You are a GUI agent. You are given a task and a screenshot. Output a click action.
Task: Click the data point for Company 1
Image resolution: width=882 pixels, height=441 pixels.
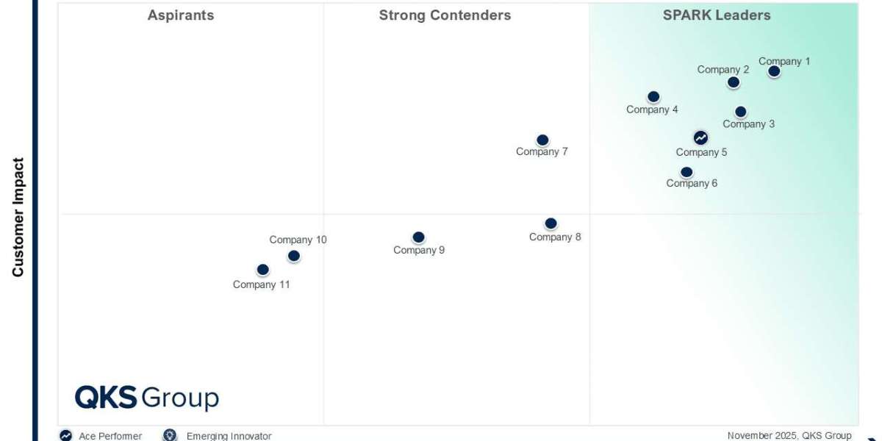click(x=774, y=71)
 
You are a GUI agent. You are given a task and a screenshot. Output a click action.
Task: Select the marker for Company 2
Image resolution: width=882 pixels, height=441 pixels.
click(x=733, y=82)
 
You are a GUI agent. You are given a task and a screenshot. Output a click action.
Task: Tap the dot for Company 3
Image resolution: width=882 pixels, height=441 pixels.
click(x=740, y=112)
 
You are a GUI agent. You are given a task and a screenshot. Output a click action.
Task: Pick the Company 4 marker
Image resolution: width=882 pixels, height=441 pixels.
click(x=653, y=97)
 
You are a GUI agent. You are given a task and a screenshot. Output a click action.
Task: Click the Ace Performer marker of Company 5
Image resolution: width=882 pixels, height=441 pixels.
click(x=700, y=137)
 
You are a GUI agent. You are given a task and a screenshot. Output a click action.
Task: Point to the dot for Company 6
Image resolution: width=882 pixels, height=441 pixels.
click(x=686, y=173)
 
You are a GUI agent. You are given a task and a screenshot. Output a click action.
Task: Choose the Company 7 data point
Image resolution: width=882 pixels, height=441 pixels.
click(x=542, y=140)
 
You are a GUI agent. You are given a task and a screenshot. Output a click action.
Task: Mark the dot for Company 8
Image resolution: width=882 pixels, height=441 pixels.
click(x=551, y=223)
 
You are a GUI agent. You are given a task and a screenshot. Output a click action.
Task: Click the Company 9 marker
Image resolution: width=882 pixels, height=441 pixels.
click(x=418, y=237)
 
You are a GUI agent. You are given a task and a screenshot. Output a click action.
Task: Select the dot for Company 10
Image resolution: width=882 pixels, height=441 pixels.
click(x=294, y=256)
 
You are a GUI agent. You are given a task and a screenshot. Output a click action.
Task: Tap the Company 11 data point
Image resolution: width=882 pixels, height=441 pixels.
click(x=262, y=270)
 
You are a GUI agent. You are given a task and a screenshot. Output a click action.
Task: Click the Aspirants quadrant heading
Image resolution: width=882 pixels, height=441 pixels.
click(x=181, y=15)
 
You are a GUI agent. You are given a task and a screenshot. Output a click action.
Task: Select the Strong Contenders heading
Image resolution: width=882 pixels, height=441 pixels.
click(x=445, y=15)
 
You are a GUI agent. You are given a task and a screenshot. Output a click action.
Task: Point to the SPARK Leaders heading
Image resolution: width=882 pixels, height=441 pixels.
click(x=717, y=15)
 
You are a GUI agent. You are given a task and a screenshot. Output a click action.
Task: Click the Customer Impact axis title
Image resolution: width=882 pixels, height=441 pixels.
click(x=18, y=218)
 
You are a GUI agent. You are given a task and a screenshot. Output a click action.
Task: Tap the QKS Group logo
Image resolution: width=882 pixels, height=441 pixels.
click(x=147, y=398)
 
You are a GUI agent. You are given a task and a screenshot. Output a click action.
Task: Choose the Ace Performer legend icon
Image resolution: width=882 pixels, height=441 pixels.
click(x=66, y=435)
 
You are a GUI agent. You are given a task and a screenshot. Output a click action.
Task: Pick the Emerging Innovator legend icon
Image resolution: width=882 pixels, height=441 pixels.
click(x=170, y=435)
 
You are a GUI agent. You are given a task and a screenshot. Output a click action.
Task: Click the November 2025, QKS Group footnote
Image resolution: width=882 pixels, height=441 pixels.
click(x=789, y=436)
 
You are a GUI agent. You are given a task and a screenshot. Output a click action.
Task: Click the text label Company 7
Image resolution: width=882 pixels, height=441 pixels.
click(x=542, y=152)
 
